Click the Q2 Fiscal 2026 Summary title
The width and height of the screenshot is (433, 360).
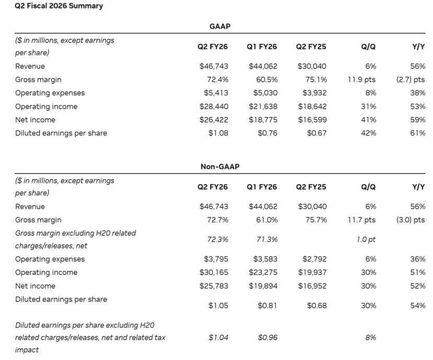click(59, 6)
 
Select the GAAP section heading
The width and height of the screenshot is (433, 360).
click(220, 26)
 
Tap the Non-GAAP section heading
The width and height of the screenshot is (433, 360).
click(220, 167)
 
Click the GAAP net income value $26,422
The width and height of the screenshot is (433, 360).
click(214, 120)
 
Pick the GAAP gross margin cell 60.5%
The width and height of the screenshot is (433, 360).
click(267, 79)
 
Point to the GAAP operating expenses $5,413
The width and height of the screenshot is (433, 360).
click(216, 92)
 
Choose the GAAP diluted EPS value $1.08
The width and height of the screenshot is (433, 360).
click(218, 133)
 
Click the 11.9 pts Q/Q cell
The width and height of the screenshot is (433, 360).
click(362, 79)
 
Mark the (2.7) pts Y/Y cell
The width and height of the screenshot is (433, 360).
click(411, 79)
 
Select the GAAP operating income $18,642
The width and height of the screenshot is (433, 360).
click(312, 106)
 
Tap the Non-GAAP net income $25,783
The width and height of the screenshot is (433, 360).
click(214, 286)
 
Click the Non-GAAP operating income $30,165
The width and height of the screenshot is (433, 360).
click(214, 272)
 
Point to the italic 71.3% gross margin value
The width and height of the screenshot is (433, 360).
click(267, 239)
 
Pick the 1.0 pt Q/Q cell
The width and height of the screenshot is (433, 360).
click(366, 239)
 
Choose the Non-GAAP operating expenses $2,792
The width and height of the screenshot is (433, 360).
click(314, 259)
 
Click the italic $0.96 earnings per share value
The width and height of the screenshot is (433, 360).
click(267, 338)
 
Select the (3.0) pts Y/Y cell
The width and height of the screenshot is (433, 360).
click(411, 220)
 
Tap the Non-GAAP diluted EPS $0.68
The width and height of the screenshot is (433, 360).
click(317, 305)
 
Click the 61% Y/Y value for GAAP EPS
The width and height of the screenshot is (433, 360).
click(417, 133)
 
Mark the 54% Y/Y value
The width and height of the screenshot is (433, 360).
click(417, 305)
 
